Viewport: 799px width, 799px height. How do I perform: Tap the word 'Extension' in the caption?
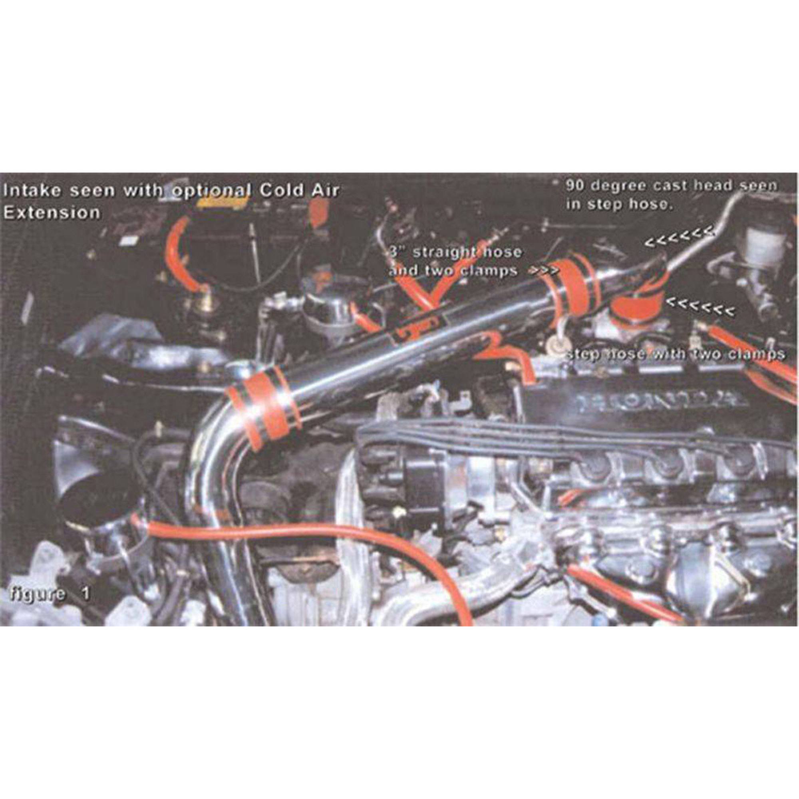(52, 213)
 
